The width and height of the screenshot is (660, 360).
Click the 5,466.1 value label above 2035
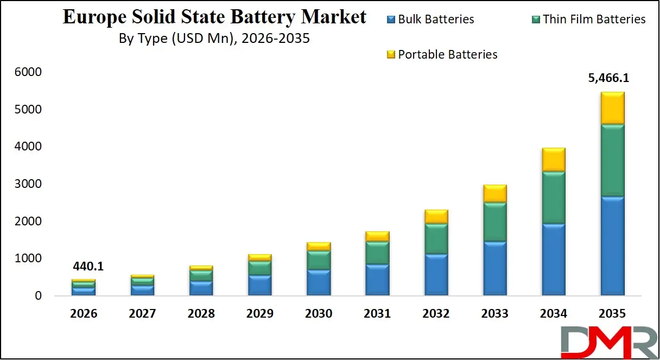point(608,78)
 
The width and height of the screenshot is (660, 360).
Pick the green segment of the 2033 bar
point(494,222)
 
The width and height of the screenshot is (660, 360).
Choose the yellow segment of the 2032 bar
point(436,217)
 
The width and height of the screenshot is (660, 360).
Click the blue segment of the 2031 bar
point(377,280)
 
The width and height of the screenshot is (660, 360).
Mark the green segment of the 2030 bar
point(318,260)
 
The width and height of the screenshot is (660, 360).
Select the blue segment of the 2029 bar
point(259,285)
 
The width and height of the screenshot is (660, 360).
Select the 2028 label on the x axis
point(201,314)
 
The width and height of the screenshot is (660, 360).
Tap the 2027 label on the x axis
point(142,314)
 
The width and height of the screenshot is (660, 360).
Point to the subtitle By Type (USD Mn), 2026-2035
point(214,39)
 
